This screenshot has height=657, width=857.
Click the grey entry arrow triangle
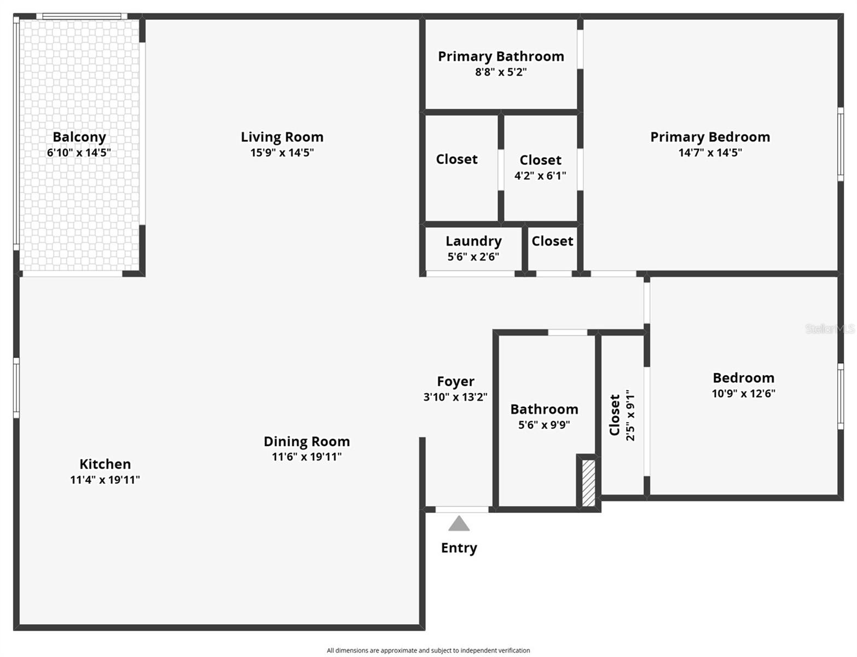[x=459, y=525]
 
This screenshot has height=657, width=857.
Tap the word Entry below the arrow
[x=459, y=548]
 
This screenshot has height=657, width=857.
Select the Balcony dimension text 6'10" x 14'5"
[x=79, y=153]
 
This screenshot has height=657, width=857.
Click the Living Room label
[x=282, y=137]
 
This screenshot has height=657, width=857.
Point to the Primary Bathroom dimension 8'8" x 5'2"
[x=501, y=72]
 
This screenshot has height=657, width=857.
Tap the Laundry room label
[x=473, y=241]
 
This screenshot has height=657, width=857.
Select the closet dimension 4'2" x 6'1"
[x=540, y=176]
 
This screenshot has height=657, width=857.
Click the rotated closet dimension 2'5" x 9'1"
[x=630, y=415]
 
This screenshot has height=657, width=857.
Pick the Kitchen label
[x=105, y=464]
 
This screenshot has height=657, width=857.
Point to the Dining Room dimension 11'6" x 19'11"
[x=306, y=457]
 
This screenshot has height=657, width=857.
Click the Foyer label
[x=455, y=382]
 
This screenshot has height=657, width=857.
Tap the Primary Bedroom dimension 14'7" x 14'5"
[x=710, y=153]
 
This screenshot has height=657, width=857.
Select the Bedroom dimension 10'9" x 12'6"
[x=743, y=393]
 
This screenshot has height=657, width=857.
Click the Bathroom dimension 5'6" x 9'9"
[x=544, y=425]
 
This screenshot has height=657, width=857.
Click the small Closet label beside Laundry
[x=552, y=241]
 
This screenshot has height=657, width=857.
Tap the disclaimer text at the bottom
[x=428, y=650]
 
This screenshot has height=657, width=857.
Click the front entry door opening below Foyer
[x=462, y=510]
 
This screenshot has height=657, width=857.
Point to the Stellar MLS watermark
[x=829, y=328]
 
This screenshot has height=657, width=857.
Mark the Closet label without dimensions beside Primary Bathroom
[x=456, y=159]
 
